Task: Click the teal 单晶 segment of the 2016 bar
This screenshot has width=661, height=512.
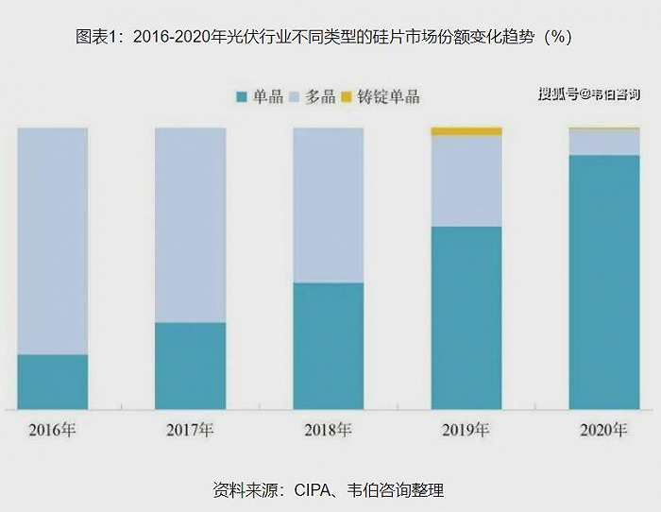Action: tap(53, 382)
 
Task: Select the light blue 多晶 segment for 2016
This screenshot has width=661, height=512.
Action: tap(53, 241)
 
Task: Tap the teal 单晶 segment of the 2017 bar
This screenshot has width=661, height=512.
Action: tap(190, 366)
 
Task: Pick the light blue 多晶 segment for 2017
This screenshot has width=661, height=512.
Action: tap(190, 225)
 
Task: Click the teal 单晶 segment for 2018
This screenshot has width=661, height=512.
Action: tap(328, 346)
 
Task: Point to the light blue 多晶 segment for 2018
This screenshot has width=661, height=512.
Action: tap(328, 205)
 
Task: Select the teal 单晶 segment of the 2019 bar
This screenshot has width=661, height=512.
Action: tap(466, 317)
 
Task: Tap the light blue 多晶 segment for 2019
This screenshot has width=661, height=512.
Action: tap(466, 180)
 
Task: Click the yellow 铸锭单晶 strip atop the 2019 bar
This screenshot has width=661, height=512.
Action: tap(466, 131)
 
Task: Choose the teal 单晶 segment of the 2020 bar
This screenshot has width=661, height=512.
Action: tap(604, 282)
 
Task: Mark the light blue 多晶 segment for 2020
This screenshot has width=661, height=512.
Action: tap(604, 142)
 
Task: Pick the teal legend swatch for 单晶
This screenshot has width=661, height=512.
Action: tap(242, 97)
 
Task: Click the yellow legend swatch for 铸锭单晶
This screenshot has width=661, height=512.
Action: tap(346, 97)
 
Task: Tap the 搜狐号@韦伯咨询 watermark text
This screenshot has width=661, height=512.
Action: tap(588, 94)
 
